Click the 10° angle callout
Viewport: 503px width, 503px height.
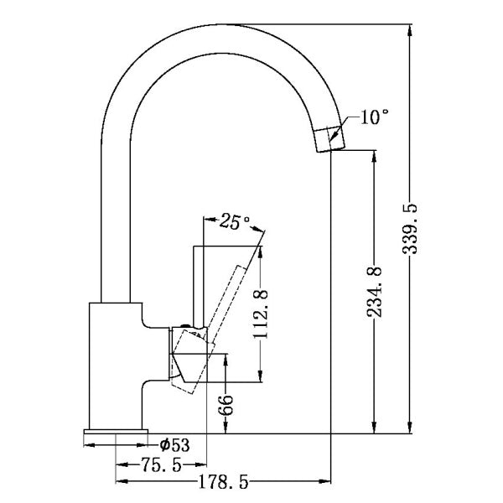pyautogui.click(x=376, y=117)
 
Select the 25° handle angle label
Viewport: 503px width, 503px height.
pyautogui.click(x=236, y=222)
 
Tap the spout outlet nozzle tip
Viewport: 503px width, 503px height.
pyautogui.click(x=330, y=137)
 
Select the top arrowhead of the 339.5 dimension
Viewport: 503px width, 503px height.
pyautogui.click(x=410, y=31)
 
